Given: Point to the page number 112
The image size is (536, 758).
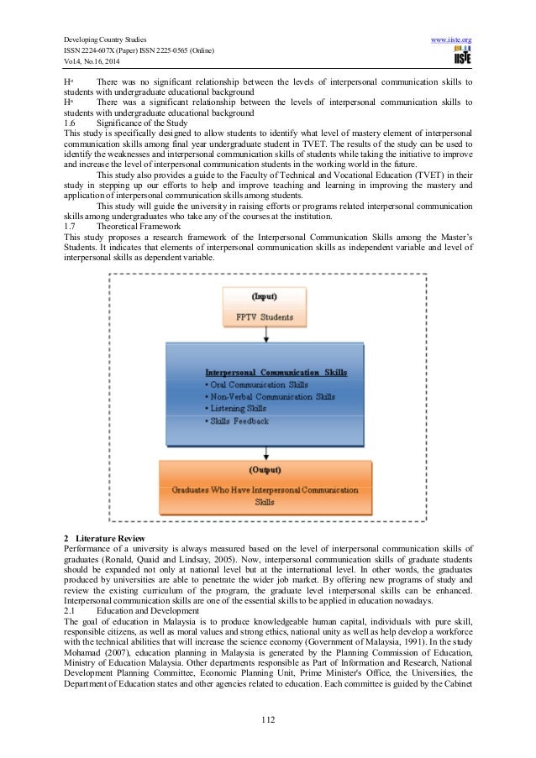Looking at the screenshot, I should pyautogui.click(x=268, y=719).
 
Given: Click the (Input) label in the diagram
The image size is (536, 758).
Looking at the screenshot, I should pyautogui.click(x=266, y=295).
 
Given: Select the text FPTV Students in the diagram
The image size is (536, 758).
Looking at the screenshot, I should pyautogui.click(x=266, y=316).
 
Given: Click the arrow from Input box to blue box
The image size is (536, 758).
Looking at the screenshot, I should pyautogui.click(x=266, y=335).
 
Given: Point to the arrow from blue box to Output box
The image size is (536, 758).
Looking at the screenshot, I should pyautogui.click(x=266, y=452).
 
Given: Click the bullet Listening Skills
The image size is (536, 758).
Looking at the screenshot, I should pyautogui.click(x=239, y=409).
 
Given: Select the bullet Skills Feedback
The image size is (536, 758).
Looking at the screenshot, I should pyautogui.click(x=239, y=421).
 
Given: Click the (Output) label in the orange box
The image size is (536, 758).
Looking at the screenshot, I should pyautogui.click(x=265, y=469).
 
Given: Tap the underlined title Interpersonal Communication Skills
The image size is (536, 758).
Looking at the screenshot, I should pyautogui.click(x=276, y=372).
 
